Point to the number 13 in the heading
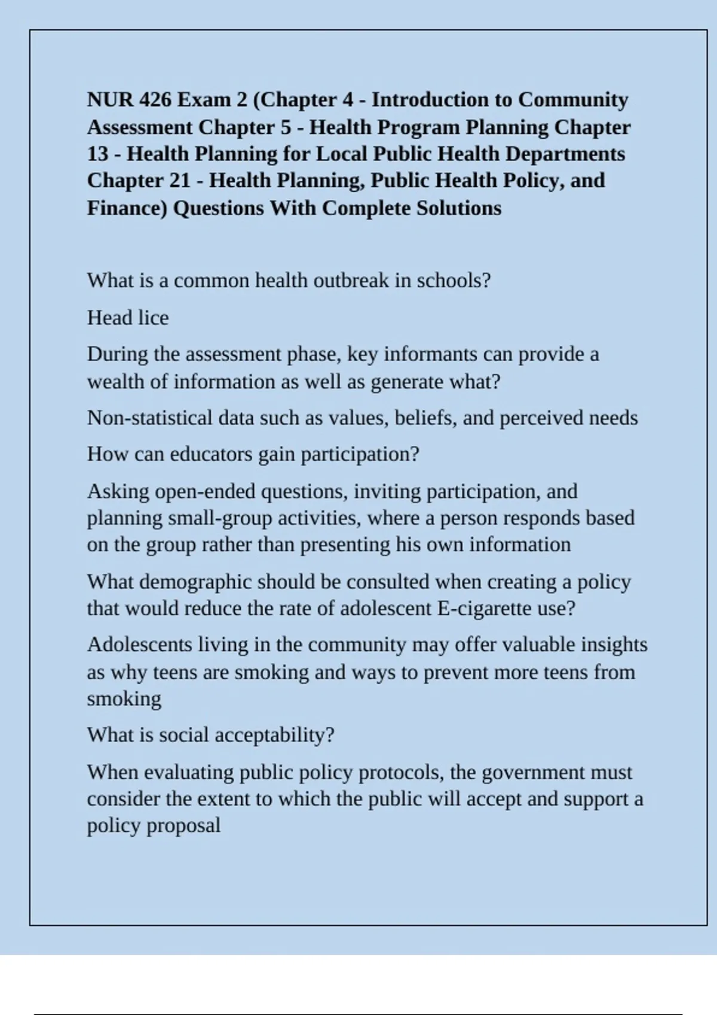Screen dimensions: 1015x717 (97, 154)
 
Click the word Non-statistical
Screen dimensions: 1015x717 (149, 418)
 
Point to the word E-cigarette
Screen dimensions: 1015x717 (486, 609)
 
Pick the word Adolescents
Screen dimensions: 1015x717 (140, 645)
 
